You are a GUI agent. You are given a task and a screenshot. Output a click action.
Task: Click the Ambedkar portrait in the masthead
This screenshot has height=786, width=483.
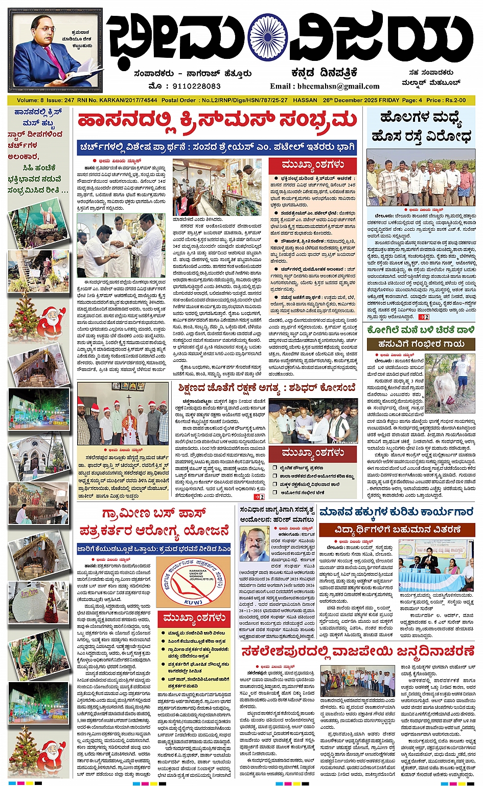55,50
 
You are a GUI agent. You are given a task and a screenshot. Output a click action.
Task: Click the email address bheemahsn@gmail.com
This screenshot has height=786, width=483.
325,86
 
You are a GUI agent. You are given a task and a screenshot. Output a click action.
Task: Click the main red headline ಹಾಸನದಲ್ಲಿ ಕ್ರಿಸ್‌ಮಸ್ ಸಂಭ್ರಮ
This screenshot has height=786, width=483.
217,121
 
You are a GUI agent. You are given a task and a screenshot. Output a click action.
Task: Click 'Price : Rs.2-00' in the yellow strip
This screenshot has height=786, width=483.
447,100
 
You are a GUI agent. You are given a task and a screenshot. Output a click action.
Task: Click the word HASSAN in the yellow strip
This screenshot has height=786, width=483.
305,100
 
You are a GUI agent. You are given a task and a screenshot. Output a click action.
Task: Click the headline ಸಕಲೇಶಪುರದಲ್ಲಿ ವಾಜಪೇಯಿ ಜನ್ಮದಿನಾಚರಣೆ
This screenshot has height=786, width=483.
358,651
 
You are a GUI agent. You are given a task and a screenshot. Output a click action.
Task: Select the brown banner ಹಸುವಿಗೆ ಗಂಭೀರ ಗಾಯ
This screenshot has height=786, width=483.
421,344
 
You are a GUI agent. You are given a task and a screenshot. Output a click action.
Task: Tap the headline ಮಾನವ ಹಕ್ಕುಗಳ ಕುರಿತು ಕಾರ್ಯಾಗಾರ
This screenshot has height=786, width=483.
397,512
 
